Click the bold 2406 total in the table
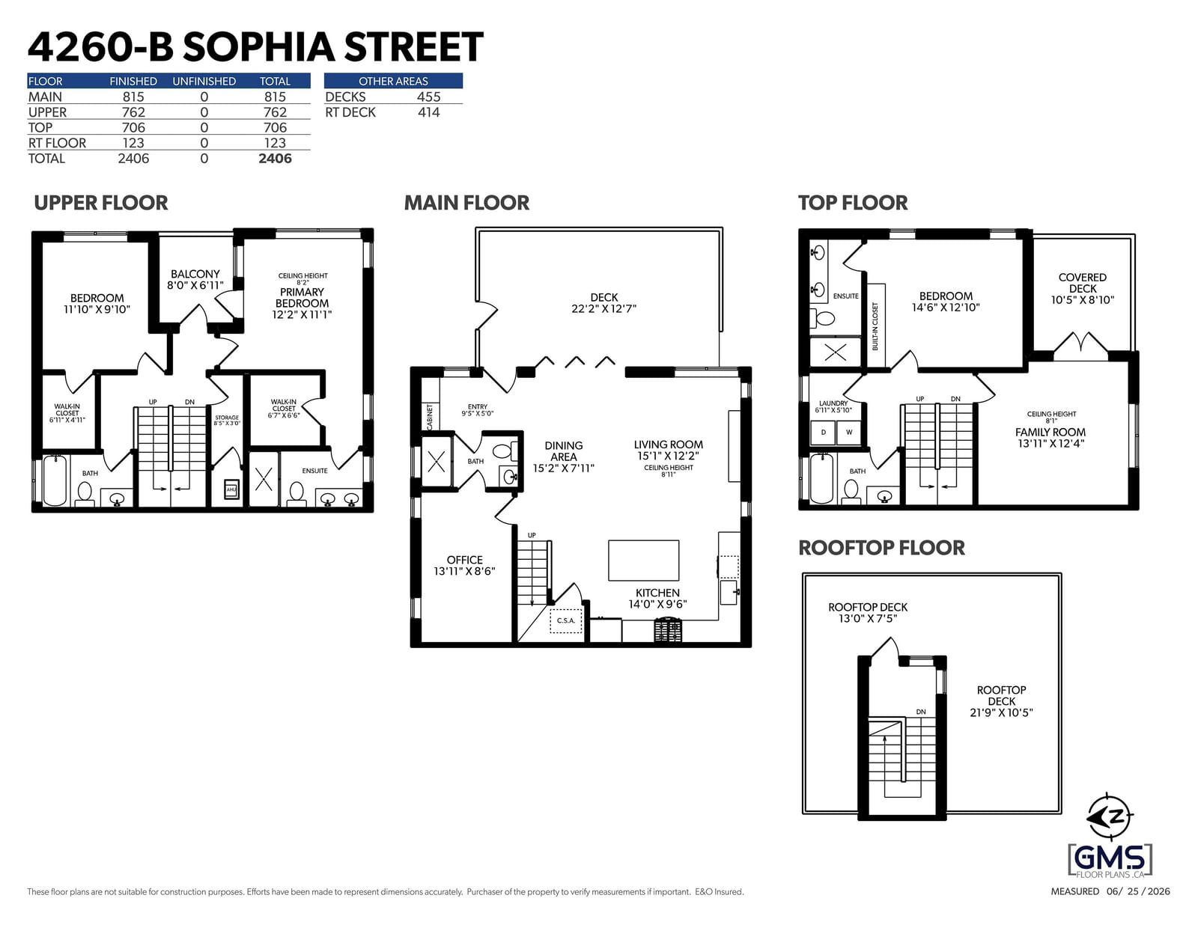pos(275,159)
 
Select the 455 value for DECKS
pos(428,97)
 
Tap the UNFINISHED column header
pos(204,82)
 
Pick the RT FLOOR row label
pos(58,143)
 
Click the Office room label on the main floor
pos(465,560)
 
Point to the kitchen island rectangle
pos(643,561)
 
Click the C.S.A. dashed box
pos(565,621)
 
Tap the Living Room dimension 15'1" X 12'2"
pos(668,457)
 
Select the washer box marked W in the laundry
pos(849,433)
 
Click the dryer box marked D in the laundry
pos(823,433)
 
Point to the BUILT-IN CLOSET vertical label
pos(875,326)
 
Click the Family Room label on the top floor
pos(1050,433)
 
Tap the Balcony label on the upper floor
pos(195,274)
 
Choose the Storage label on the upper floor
pos(227,418)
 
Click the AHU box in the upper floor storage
pos(231,489)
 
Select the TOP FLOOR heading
pos(852,203)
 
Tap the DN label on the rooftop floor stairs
pos(921,712)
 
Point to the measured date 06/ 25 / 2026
pos(1138,891)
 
